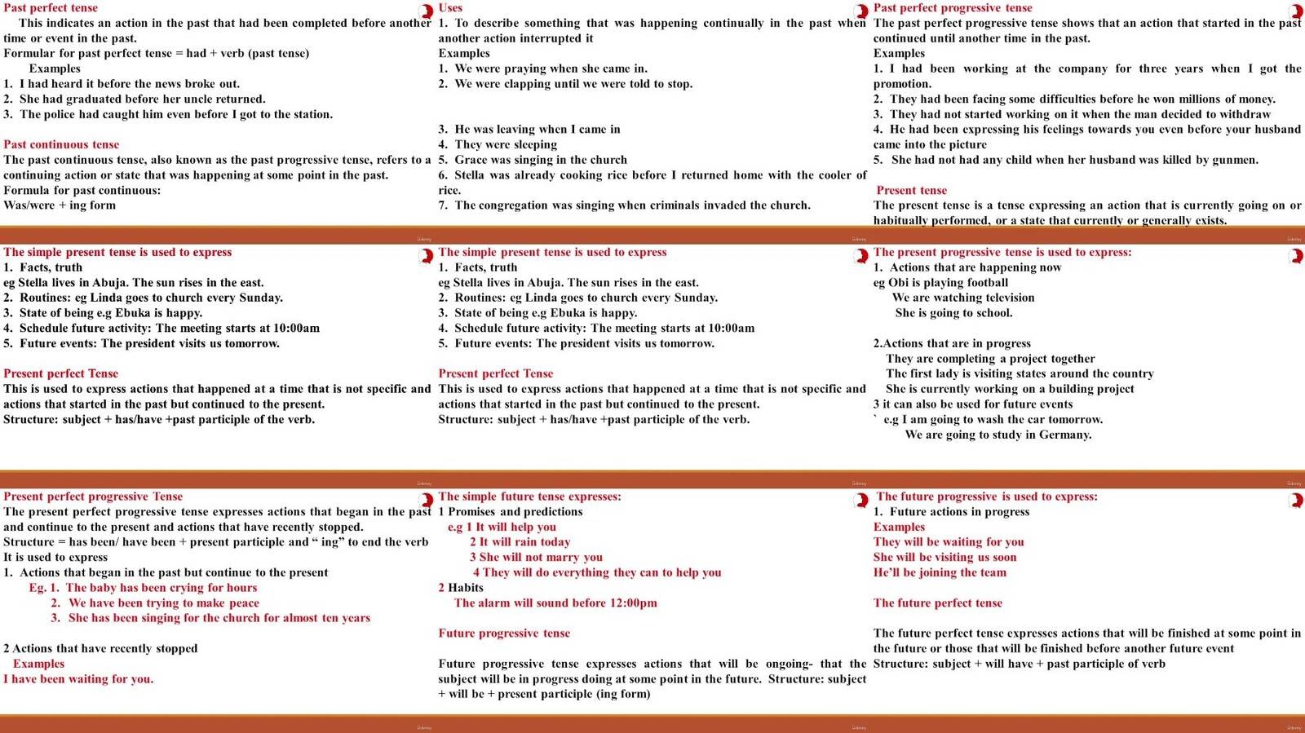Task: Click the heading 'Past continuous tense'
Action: point(61,144)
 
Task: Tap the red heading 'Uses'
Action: point(450,7)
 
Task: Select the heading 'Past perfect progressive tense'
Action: point(953,7)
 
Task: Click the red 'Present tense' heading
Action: point(911,190)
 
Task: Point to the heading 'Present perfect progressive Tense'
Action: point(93,496)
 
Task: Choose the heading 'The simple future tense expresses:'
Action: point(529,496)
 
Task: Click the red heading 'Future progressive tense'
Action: point(504,633)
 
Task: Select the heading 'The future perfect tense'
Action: point(938,603)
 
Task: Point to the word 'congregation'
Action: point(510,205)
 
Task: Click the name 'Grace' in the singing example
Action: point(471,160)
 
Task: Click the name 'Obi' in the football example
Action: point(898,282)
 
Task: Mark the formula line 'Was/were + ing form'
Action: point(60,205)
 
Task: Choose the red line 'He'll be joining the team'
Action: point(940,572)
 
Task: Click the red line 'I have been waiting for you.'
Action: point(78,678)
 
